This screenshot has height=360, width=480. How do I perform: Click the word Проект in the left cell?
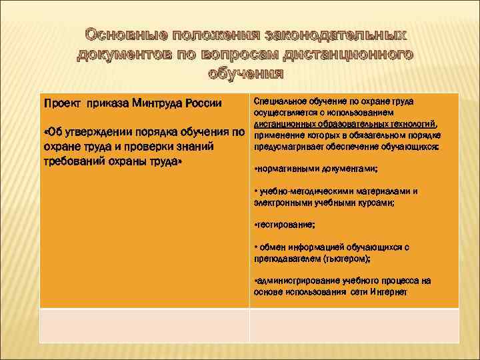61,104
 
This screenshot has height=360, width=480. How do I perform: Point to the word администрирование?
295,281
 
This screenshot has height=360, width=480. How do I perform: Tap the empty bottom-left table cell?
144,325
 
